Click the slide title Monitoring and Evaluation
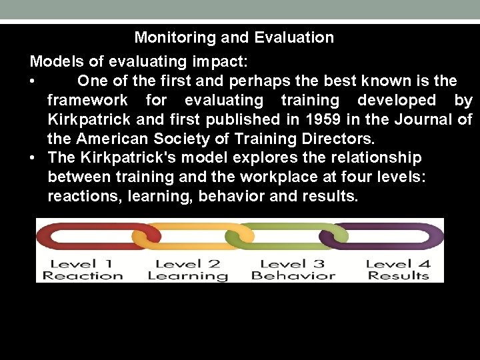click(x=234, y=37)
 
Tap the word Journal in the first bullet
click(x=423, y=120)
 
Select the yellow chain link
click(x=187, y=237)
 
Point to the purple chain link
click(x=387, y=235)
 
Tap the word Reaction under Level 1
click(x=83, y=275)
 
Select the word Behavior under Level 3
click(x=293, y=275)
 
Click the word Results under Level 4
click(x=398, y=275)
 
